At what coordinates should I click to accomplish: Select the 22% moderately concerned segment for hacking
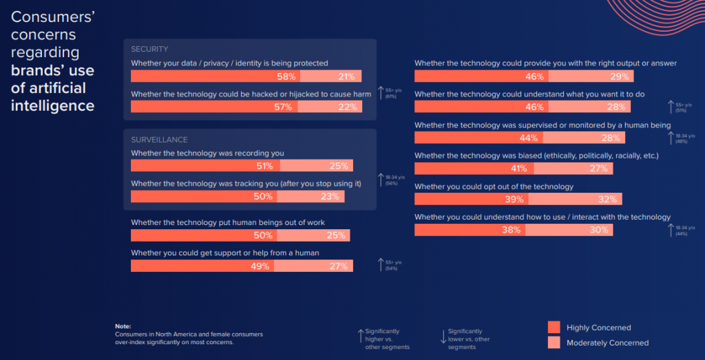(x=347, y=107)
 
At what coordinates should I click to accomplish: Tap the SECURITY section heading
(x=149, y=50)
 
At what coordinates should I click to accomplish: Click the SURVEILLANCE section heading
(x=159, y=140)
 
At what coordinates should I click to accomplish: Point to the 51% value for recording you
(x=264, y=166)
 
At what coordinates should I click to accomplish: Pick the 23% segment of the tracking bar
(x=330, y=196)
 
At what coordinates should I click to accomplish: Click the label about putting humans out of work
(x=227, y=222)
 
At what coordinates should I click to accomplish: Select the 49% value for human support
(x=259, y=266)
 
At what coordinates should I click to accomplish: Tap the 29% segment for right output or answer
(x=619, y=76)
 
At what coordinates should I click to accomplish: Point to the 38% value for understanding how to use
(x=511, y=231)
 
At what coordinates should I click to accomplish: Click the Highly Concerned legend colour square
(x=554, y=327)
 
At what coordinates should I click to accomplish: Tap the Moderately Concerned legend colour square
(x=554, y=342)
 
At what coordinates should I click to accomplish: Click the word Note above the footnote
(x=123, y=326)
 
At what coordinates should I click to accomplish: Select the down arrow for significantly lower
(x=442, y=337)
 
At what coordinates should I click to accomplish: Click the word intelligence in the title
(x=52, y=105)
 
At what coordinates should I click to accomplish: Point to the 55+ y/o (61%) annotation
(x=390, y=92)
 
